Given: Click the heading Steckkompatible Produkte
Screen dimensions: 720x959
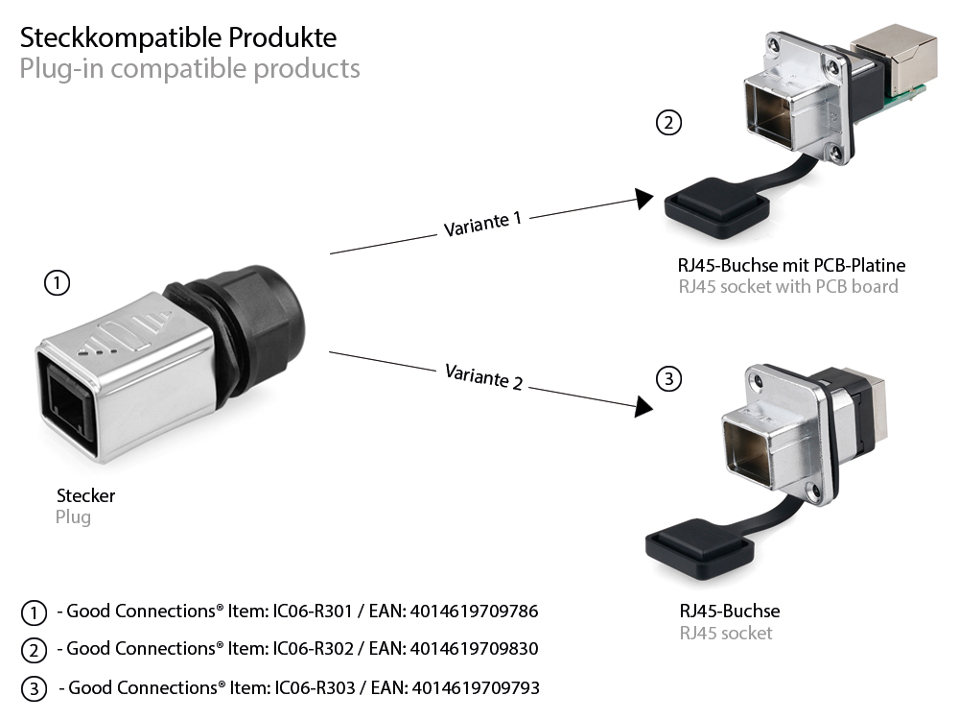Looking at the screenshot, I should click(x=178, y=37).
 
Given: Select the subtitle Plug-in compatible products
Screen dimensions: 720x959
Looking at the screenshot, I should click(x=190, y=69).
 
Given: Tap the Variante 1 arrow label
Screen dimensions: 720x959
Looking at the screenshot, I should click(x=482, y=224).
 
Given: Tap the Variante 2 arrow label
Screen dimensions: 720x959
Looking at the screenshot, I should click(x=483, y=376).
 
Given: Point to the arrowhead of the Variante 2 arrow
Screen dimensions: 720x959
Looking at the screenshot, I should click(x=643, y=406).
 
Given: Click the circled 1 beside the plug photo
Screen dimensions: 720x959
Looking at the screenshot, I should click(x=58, y=283).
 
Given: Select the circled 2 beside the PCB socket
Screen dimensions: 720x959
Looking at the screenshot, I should click(x=668, y=123).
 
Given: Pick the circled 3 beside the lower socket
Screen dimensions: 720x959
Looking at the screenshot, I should click(x=668, y=378).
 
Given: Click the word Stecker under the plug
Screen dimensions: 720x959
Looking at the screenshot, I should click(x=85, y=496).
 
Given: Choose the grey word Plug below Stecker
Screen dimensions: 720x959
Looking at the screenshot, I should click(x=73, y=517).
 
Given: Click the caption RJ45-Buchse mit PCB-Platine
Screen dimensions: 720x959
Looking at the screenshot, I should click(x=785, y=265).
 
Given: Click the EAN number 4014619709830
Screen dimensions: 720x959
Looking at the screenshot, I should click(x=474, y=649).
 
